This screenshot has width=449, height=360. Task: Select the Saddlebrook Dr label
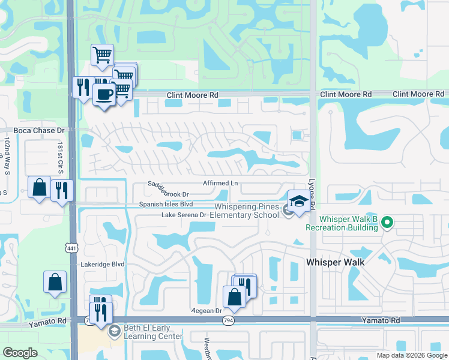169,194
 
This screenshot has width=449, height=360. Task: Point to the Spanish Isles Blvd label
166,204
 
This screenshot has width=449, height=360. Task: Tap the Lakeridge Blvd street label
103,264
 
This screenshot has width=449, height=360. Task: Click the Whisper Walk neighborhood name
336,262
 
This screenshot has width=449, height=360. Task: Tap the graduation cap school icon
298,201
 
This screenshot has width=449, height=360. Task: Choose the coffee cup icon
104,94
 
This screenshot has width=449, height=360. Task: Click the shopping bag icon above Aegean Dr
234,296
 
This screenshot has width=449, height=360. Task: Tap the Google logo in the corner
20,353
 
